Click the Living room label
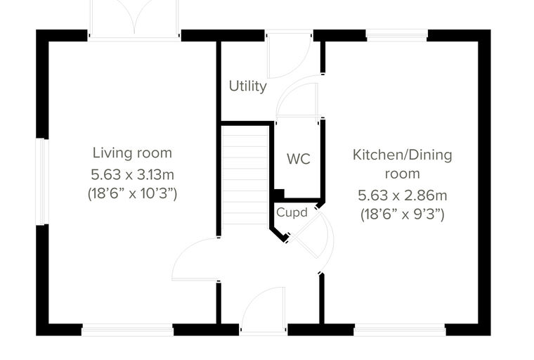click(132, 153)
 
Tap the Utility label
click(247, 86)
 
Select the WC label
click(299, 159)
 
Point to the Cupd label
click(292, 212)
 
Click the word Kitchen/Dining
click(402, 155)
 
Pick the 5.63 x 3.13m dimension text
click(132, 174)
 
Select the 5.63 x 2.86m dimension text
click(402, 195)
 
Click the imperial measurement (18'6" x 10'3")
click(132, 193)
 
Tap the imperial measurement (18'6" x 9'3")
click(402, 214)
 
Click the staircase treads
click(245, 175)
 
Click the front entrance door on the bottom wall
click(263, 309)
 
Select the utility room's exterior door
click(289, 55)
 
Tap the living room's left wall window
click(43, 181)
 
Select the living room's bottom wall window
click(127, 330)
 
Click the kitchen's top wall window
click(397, 35)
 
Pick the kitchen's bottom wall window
click(400, 330)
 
